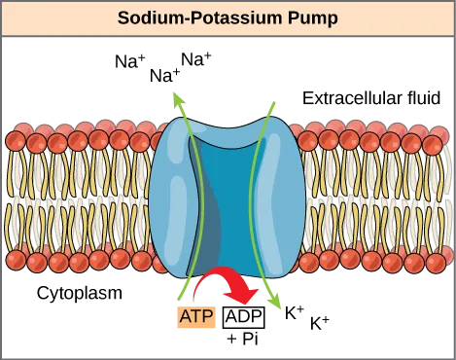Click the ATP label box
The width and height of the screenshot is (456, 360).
[x=193, y=315]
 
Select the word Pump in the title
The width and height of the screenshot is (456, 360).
[x=304, y=18]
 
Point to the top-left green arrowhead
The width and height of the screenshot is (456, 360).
[x=176, y=97]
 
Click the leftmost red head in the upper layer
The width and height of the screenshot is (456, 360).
[x=15, y=139]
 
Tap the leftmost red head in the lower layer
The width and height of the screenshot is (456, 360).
[x=15, y=259]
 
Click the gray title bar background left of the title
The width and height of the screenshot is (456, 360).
[x=58, y=18]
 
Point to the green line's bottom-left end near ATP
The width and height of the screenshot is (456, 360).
[x=182, y=296]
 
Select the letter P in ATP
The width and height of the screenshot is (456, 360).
[x=206, y=315]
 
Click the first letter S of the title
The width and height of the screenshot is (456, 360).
[x=123, y=18]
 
